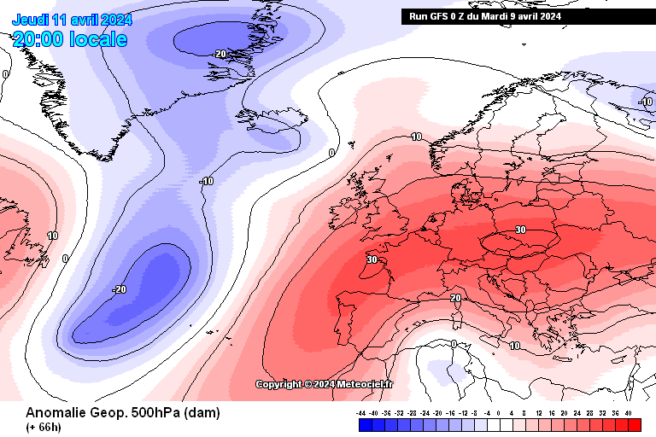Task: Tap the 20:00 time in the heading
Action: (x=37, y=39)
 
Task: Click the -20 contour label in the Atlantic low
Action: (x=119, y=289)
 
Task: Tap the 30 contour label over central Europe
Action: (x=520, y=230)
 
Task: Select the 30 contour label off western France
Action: (x=372, y=259)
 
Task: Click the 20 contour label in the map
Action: (x=456, y=298)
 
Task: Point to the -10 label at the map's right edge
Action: (x=646, y=102)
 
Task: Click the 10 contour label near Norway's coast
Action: (x=416, y=137)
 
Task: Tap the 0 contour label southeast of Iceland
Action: (x=331, y=154)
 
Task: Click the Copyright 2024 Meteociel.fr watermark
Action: (x=325, y=384)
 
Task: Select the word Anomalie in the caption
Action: (x=56, y=413)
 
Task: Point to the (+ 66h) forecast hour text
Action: (x=43, y=427)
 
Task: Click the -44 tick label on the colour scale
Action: (x=362, y=412)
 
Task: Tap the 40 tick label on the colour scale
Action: (x=629, y=412)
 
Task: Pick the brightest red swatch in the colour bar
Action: (x=634, y=424)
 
